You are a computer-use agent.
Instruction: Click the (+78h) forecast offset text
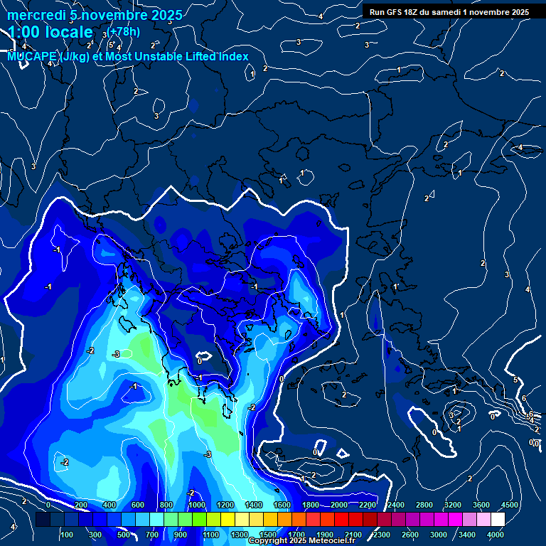[124, 31]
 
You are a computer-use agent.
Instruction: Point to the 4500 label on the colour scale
[509, 505]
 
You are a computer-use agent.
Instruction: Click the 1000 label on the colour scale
[196, 505]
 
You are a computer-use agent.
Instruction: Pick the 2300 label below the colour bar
[382, 534]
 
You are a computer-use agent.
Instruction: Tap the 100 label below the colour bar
[68, 534]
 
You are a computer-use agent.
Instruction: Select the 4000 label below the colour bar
[496, 534]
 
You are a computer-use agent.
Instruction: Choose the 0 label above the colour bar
[48, 505]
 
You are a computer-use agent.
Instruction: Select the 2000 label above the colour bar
[338, 505]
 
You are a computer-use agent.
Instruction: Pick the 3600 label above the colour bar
[481, 505]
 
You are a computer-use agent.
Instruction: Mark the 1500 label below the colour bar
[268, 534]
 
